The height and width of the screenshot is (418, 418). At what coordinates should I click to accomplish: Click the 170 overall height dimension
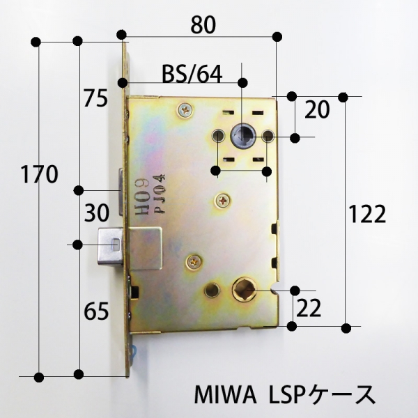[39, 175]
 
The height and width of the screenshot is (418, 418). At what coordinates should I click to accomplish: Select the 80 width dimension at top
[203, 25]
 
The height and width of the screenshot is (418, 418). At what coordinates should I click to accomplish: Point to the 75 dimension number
[95, 98]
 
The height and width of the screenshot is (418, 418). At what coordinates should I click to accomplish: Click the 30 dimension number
[97, 213]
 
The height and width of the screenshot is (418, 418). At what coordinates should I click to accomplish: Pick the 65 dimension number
[96, 311]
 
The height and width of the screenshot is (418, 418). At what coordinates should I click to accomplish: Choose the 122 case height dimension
[367, 214]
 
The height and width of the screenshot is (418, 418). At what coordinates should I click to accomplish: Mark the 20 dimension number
[317, 109]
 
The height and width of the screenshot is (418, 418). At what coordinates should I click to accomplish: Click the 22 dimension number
[309, 308]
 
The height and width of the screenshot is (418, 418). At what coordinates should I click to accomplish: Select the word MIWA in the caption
[226, 395]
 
